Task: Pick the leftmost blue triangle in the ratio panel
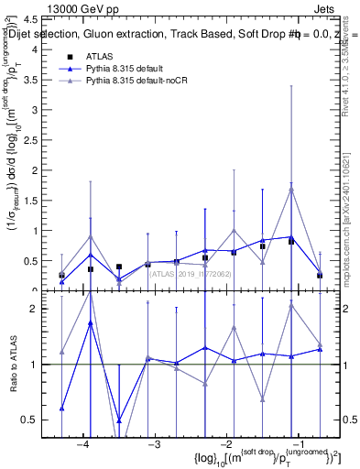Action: (61, 409)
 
